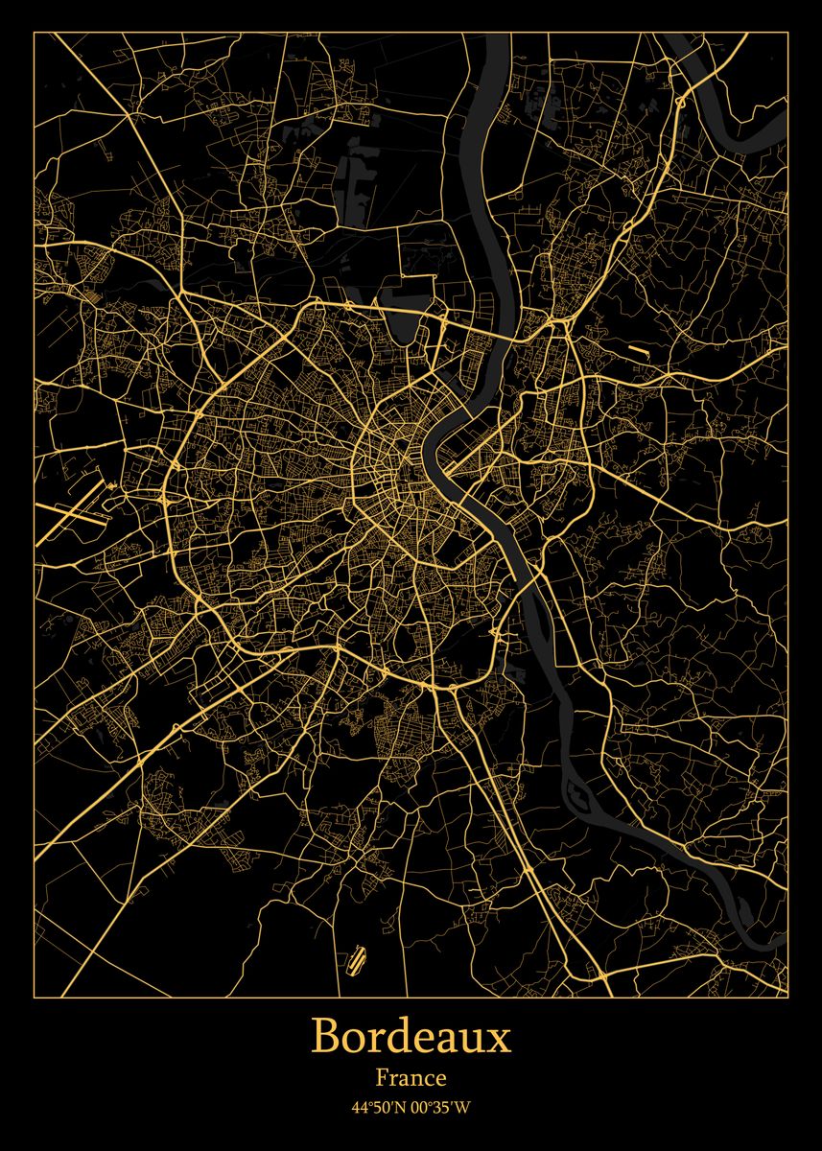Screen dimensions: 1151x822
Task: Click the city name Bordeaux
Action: click(x=411, y=1038)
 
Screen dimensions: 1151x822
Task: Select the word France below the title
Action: click(x=411, y=1079)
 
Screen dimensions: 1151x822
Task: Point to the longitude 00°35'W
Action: click(x=442, y=1108)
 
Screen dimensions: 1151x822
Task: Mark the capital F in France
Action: click(x=382, y=1079)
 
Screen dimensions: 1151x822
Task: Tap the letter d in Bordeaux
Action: click(x=388, y=1038)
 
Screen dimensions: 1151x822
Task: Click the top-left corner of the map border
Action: click(x=34, y=32)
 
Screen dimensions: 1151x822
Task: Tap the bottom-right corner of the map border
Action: click(x=787, y=997)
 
